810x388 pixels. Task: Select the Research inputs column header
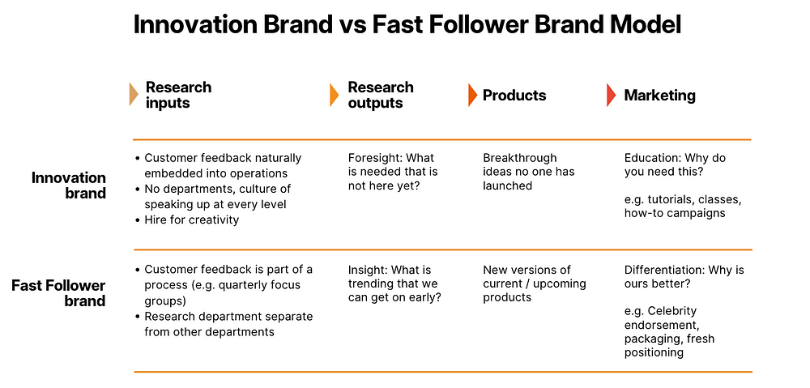coord(178,95)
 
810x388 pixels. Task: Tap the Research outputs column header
coord(381,95)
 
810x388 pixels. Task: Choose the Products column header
coord(514,95)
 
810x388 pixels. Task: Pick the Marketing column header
coord(659,95)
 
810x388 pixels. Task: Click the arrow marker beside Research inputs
coord(134,95)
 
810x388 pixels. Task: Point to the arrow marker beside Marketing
coord(611,95)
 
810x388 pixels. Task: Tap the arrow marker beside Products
coord(472,95)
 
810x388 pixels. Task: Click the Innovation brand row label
coord(68,185)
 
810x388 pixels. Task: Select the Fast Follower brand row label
coord(58,293)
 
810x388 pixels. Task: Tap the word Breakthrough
coord(520,158)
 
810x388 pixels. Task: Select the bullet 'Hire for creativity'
coord(187,220)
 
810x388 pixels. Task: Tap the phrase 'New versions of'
coord(527,270)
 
